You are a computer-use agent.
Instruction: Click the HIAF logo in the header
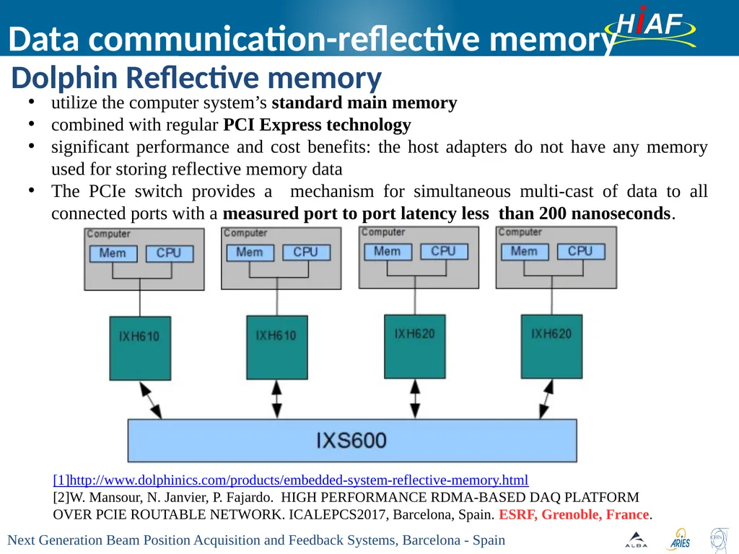coord(651,27)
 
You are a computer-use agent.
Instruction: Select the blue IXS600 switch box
coord(352,441)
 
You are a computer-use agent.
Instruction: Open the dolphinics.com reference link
coord(291,480)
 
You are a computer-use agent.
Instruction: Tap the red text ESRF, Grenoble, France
coord(574,514)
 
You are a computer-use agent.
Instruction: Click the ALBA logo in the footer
coord(636,540)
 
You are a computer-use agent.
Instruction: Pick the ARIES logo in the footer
coord(679,540)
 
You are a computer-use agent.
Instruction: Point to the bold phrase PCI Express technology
coord(317,125)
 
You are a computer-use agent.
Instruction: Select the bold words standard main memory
coord(364,102)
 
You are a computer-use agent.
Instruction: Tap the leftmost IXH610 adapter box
coord(140,348)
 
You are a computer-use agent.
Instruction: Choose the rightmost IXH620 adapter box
coord(551,346)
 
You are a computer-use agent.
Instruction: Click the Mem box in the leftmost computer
coord(113,253)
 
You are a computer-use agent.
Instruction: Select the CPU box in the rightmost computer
coord(581,251)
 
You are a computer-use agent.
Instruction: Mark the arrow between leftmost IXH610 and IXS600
coord(151,400)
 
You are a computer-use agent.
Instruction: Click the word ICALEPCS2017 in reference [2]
coord(338,514)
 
